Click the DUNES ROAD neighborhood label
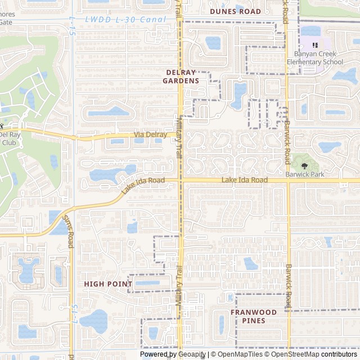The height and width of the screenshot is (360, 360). (x=235, y=11)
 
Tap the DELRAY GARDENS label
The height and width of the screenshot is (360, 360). (x=181, y=76)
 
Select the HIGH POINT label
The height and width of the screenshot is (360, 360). (x=107, y=284)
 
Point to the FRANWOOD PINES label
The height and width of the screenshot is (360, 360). (x=253, y=316)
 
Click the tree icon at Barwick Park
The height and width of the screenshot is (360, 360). (x=304, y=166)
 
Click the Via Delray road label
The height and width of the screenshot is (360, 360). (x=150, y=135)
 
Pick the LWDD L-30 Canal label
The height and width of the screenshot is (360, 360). (x=126, y=19)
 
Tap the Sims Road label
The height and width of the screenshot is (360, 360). (x=69, y=230)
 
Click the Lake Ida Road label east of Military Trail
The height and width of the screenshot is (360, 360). (x=244, y=180)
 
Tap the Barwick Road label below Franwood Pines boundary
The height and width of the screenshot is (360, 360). (x=289, y=281)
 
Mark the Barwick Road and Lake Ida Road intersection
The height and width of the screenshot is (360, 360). (x=287, y=181)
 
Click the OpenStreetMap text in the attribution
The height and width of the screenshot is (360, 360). (x=295, y=354)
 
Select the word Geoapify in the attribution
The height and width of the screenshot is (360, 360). (x=192, y=354)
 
